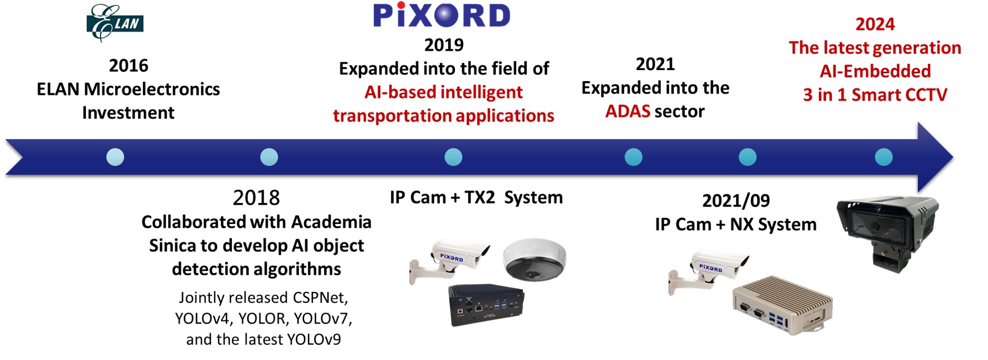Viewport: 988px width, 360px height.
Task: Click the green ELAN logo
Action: [x=115, y=23]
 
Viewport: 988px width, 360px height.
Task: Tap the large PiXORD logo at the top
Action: [x=442, y=15]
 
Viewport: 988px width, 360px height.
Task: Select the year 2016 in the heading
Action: [x=129, y=66]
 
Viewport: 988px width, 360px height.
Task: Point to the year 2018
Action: [x=256, y=198]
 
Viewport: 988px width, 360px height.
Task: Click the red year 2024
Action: [x=875, y=24]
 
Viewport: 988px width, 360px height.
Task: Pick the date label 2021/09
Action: [x=736, y=201]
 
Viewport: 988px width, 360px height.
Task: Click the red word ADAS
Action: [x=627, y=111]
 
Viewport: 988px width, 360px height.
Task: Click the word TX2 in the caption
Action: [x=480, y=197]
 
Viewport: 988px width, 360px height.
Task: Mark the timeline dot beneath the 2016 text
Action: [x=115, y=157]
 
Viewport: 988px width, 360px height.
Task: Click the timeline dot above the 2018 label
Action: [x=269, y=157]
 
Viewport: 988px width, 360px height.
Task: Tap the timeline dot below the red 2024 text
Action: [x=884, y=157]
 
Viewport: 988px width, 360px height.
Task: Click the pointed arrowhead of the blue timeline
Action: [x=952, y=157]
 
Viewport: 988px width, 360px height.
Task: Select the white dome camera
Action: [x=534, y=259]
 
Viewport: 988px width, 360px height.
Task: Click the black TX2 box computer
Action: [x=486, y=305]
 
